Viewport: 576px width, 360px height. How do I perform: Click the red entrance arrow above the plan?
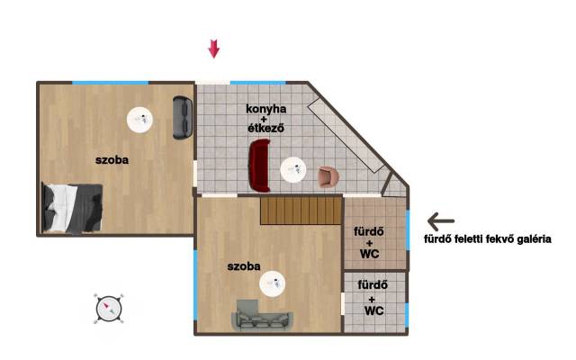coord(214,49)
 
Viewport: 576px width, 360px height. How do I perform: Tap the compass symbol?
coord(109,309)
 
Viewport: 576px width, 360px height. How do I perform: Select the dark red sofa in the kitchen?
coord(260,165)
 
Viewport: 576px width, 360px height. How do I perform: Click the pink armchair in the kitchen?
coord(328,177)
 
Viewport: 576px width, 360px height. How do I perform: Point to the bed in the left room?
coord(72,208)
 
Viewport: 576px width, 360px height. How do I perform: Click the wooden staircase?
coord(301,211)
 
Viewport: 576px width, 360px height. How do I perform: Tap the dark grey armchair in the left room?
coord(183,118)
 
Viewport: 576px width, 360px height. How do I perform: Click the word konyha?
coord(266,109)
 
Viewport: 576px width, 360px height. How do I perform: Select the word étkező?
coord(266,128)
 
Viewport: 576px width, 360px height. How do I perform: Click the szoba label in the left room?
coord(112,160)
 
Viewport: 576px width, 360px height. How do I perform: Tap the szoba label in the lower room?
coord(244,266)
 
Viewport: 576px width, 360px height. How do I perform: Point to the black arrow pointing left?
coord(441,221)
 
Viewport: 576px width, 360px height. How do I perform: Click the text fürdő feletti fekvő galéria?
coord(488,239)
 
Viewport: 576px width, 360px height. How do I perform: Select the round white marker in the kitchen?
coord(293,170)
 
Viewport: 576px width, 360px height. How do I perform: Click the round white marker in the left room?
coord(139,120)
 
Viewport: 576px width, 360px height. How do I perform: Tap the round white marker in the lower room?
coord(272,284)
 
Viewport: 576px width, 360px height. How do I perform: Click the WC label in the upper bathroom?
coord(370,254)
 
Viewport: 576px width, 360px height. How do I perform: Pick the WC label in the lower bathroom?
coord(374,310)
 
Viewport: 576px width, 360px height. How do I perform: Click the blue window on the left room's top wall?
coord(110,83)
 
